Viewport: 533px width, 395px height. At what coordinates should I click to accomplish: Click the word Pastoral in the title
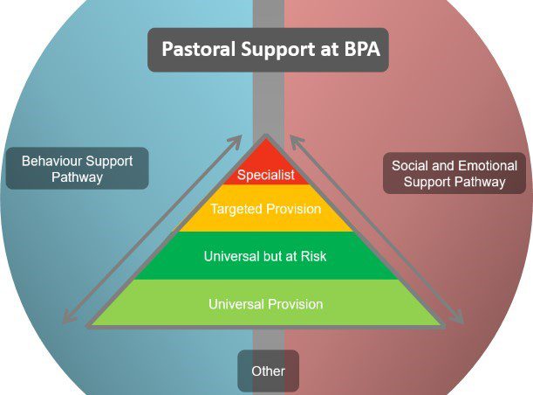tap(199, 49)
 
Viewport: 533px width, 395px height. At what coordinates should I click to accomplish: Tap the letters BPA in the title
tap(362, 49)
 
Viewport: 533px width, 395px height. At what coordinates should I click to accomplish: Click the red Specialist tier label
tap(266, 175)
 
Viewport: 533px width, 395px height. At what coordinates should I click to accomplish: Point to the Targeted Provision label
tap(266, 209)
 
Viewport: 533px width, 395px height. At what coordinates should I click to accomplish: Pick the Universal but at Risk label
tap(265, 256)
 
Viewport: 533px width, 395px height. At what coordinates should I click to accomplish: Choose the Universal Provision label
tap(266, 304)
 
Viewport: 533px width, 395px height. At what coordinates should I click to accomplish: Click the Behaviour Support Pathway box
tap(78, 168)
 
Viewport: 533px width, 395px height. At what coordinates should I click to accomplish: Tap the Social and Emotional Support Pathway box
tap(454, 173)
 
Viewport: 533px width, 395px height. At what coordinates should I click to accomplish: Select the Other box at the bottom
tap(268, 371)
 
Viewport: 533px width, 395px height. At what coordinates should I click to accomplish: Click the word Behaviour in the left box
tap(51, 161)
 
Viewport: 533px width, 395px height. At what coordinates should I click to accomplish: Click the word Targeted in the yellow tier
tap(236, 209)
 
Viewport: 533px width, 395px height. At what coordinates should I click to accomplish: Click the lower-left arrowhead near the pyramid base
tap(69, 317)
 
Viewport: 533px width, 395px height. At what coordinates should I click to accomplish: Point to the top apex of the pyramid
tap(266, 135)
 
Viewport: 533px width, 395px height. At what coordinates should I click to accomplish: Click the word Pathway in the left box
tap(77, 177)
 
